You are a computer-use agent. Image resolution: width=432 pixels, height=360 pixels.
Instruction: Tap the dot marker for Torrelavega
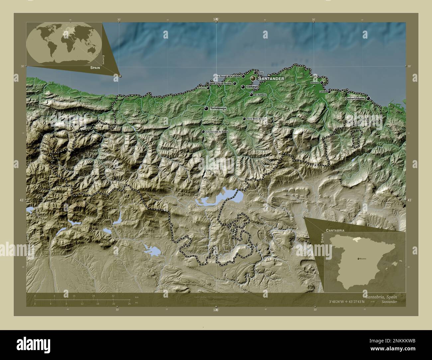[206, 109]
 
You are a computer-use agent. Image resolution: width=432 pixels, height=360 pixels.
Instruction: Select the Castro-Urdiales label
[355, 98]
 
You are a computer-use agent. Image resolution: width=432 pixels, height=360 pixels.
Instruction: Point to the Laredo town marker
[329, 91]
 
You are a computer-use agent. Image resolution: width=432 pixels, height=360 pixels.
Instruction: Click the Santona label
[314, 82]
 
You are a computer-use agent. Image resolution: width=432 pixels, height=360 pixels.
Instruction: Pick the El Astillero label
[260, 95]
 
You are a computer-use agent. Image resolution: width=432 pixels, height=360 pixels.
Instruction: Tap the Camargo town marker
[243, 87]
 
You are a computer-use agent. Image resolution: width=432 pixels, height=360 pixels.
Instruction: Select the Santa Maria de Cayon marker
[244, 119]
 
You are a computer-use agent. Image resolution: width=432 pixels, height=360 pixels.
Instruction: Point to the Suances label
[201, 88]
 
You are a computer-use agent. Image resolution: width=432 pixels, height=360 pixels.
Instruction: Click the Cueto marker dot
[255, 73]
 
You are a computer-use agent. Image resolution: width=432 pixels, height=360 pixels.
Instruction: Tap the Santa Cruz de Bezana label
[220, 84]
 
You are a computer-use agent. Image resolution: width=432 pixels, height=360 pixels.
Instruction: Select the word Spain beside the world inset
[95, 67]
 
